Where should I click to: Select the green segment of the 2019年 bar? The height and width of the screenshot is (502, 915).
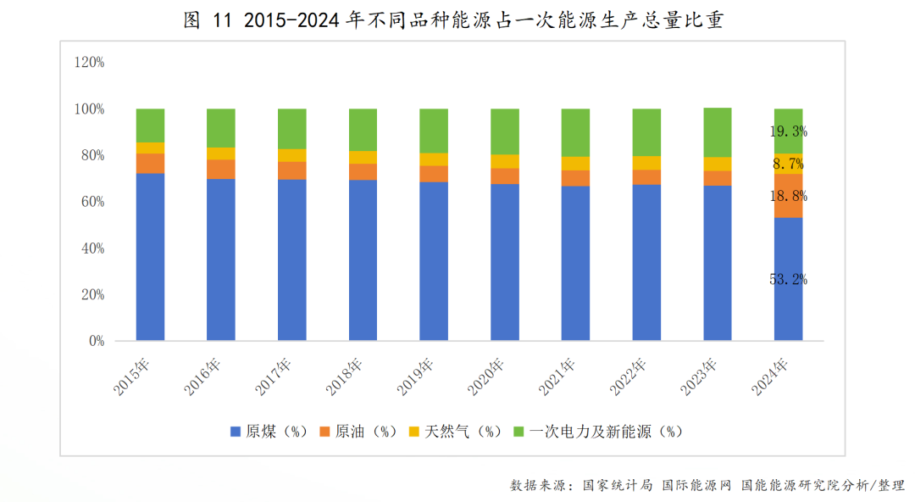(434, 131)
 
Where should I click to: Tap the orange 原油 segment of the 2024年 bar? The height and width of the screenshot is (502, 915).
(788, 196)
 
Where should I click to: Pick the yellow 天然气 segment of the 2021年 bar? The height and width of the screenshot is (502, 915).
(575, 164)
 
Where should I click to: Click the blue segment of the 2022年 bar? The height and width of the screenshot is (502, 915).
(646, 263)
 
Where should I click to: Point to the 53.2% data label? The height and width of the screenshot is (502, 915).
(788, 279)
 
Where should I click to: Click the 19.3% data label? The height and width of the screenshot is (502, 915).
(788, 131)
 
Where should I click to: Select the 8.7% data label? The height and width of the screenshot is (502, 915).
(788, 164)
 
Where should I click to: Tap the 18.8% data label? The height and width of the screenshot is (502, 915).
(788, 196)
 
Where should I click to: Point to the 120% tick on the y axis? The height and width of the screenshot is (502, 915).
(89, 62)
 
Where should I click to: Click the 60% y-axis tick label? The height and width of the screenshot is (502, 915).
(92, 202)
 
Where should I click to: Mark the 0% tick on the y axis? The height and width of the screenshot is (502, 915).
(96, 341)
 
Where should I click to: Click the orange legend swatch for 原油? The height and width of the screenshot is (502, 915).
(324, 432)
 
